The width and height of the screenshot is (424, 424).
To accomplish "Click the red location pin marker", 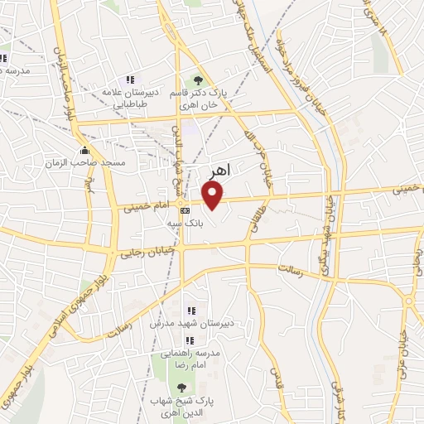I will pyautogui.click(x=214, y=195).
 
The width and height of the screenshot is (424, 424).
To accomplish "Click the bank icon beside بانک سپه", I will pyautogui.click(x=185, y=210).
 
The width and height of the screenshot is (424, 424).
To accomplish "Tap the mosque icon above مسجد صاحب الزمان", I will pyautogui.click(x=84, y=151).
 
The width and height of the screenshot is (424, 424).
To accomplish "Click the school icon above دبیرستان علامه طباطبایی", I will pyautogui.click(x=130, y=79).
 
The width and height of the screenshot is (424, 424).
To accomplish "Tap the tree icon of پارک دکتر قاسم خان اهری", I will pyautogui.click(x=197, y=79).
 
